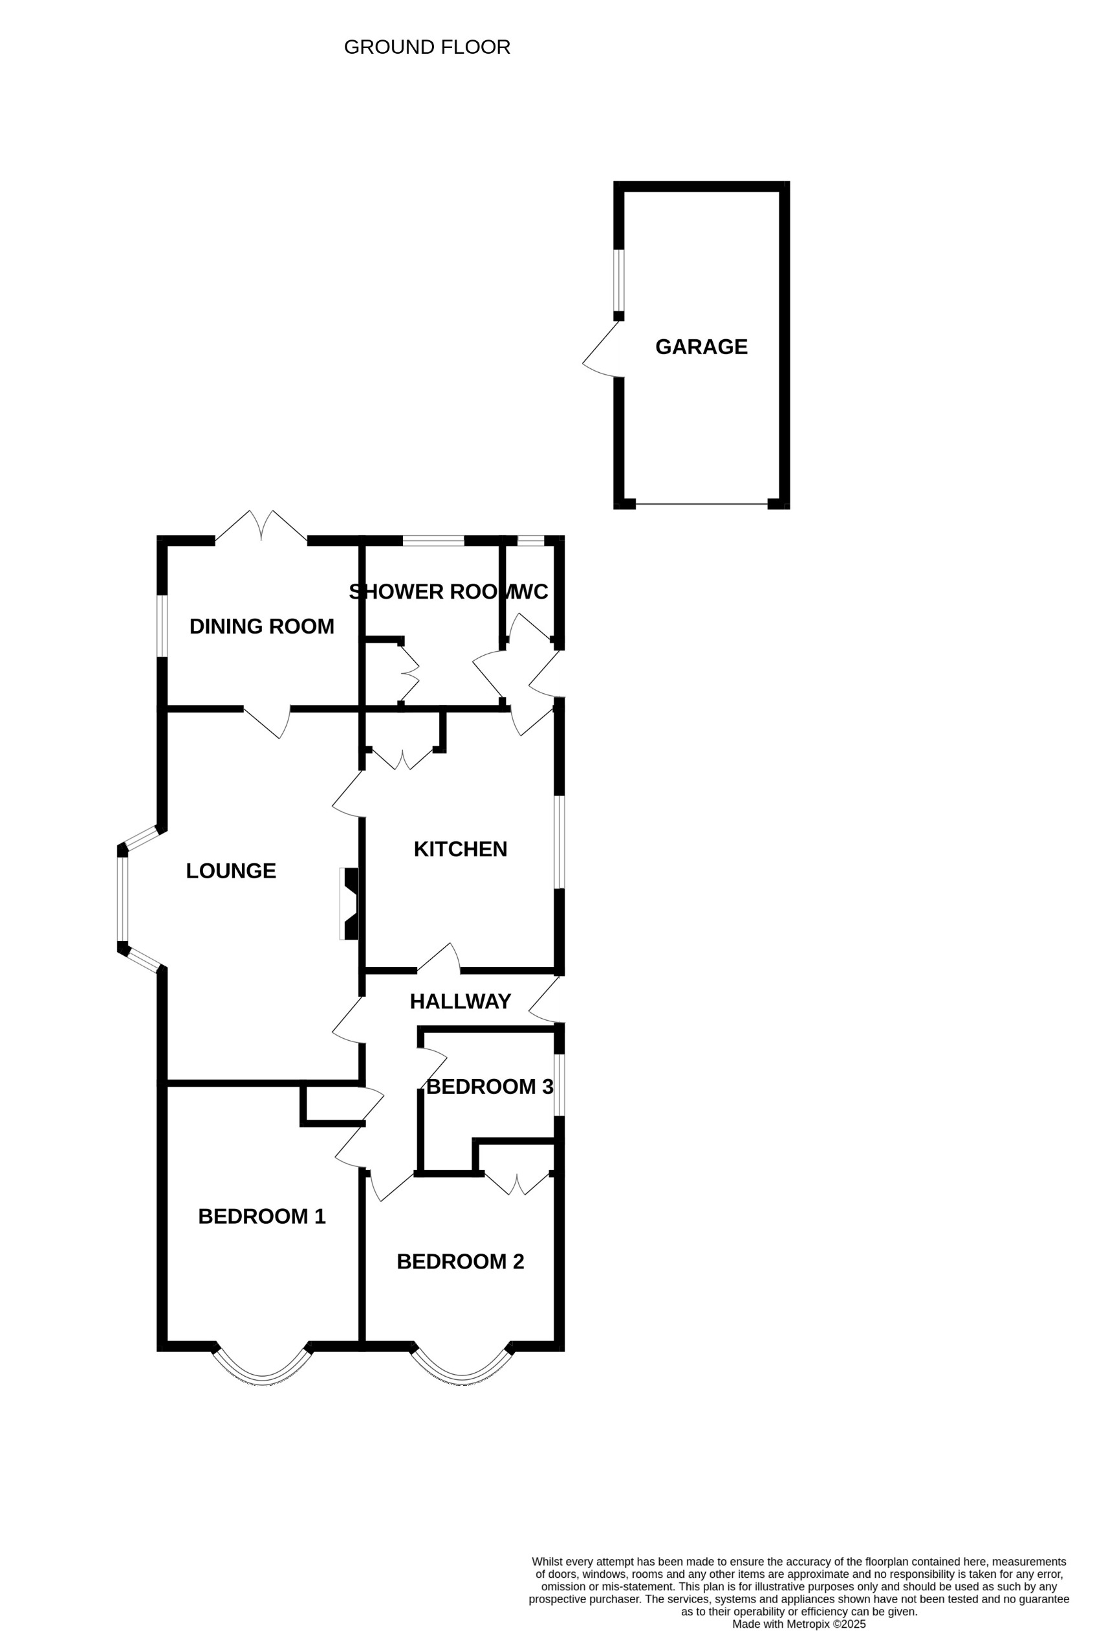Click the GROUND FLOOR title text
pos(426,47)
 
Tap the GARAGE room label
pos(701,347)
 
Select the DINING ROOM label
pos(262,626)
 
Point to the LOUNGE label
pos(231,871)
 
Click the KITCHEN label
pos(461,849)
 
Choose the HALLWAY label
pos(461,1001)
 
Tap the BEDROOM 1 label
pos(262,1216)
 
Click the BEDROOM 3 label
pos(490,1087)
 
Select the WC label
pos(531,592)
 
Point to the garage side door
pos(602,350)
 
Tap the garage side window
pos(618,280)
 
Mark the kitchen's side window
pos(559,842)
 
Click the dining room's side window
pos(162,626)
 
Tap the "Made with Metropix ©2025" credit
pos(798,1624)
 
